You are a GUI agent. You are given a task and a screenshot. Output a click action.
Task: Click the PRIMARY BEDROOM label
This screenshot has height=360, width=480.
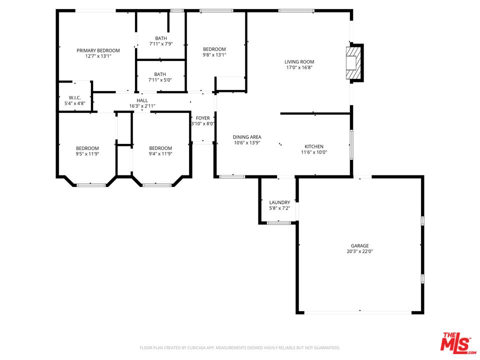(98, 50)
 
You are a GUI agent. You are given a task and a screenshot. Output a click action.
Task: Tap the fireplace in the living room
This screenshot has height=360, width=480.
(354, 62)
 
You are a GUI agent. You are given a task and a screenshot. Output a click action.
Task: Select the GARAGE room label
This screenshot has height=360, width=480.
(359, 245)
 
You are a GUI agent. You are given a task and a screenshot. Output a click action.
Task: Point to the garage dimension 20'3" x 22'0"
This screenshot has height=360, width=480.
(359, 251)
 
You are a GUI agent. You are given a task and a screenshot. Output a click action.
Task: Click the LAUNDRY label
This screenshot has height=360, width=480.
(279, 202)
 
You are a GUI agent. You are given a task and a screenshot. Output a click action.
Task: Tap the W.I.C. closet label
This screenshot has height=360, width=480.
(75, 97)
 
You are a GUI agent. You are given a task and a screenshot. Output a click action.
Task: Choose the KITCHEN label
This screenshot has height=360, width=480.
(314, 146)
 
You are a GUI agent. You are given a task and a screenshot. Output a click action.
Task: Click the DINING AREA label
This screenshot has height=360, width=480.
(247, 137)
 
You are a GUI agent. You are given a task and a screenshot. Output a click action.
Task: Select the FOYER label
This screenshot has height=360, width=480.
(202, 118)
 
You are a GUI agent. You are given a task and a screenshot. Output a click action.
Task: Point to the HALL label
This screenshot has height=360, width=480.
(142, 100)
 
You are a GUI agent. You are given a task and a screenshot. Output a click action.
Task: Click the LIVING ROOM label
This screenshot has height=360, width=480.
(300, 62)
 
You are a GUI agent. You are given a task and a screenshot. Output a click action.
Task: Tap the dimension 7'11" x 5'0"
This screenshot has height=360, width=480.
(161, 80)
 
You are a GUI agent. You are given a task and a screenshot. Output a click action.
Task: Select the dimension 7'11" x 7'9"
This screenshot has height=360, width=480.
(161, 44)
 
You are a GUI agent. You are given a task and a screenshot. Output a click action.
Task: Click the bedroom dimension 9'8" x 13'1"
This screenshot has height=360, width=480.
(214, 55)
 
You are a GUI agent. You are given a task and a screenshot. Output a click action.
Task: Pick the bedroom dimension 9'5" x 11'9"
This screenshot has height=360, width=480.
(87, 154)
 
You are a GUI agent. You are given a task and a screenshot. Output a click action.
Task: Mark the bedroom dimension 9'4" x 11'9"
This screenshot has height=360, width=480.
(160, 154)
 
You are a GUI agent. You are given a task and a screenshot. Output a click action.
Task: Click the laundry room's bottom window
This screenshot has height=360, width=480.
(278, 222)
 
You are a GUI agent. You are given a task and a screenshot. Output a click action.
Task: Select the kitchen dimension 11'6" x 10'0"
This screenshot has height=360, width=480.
(314, 152)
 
